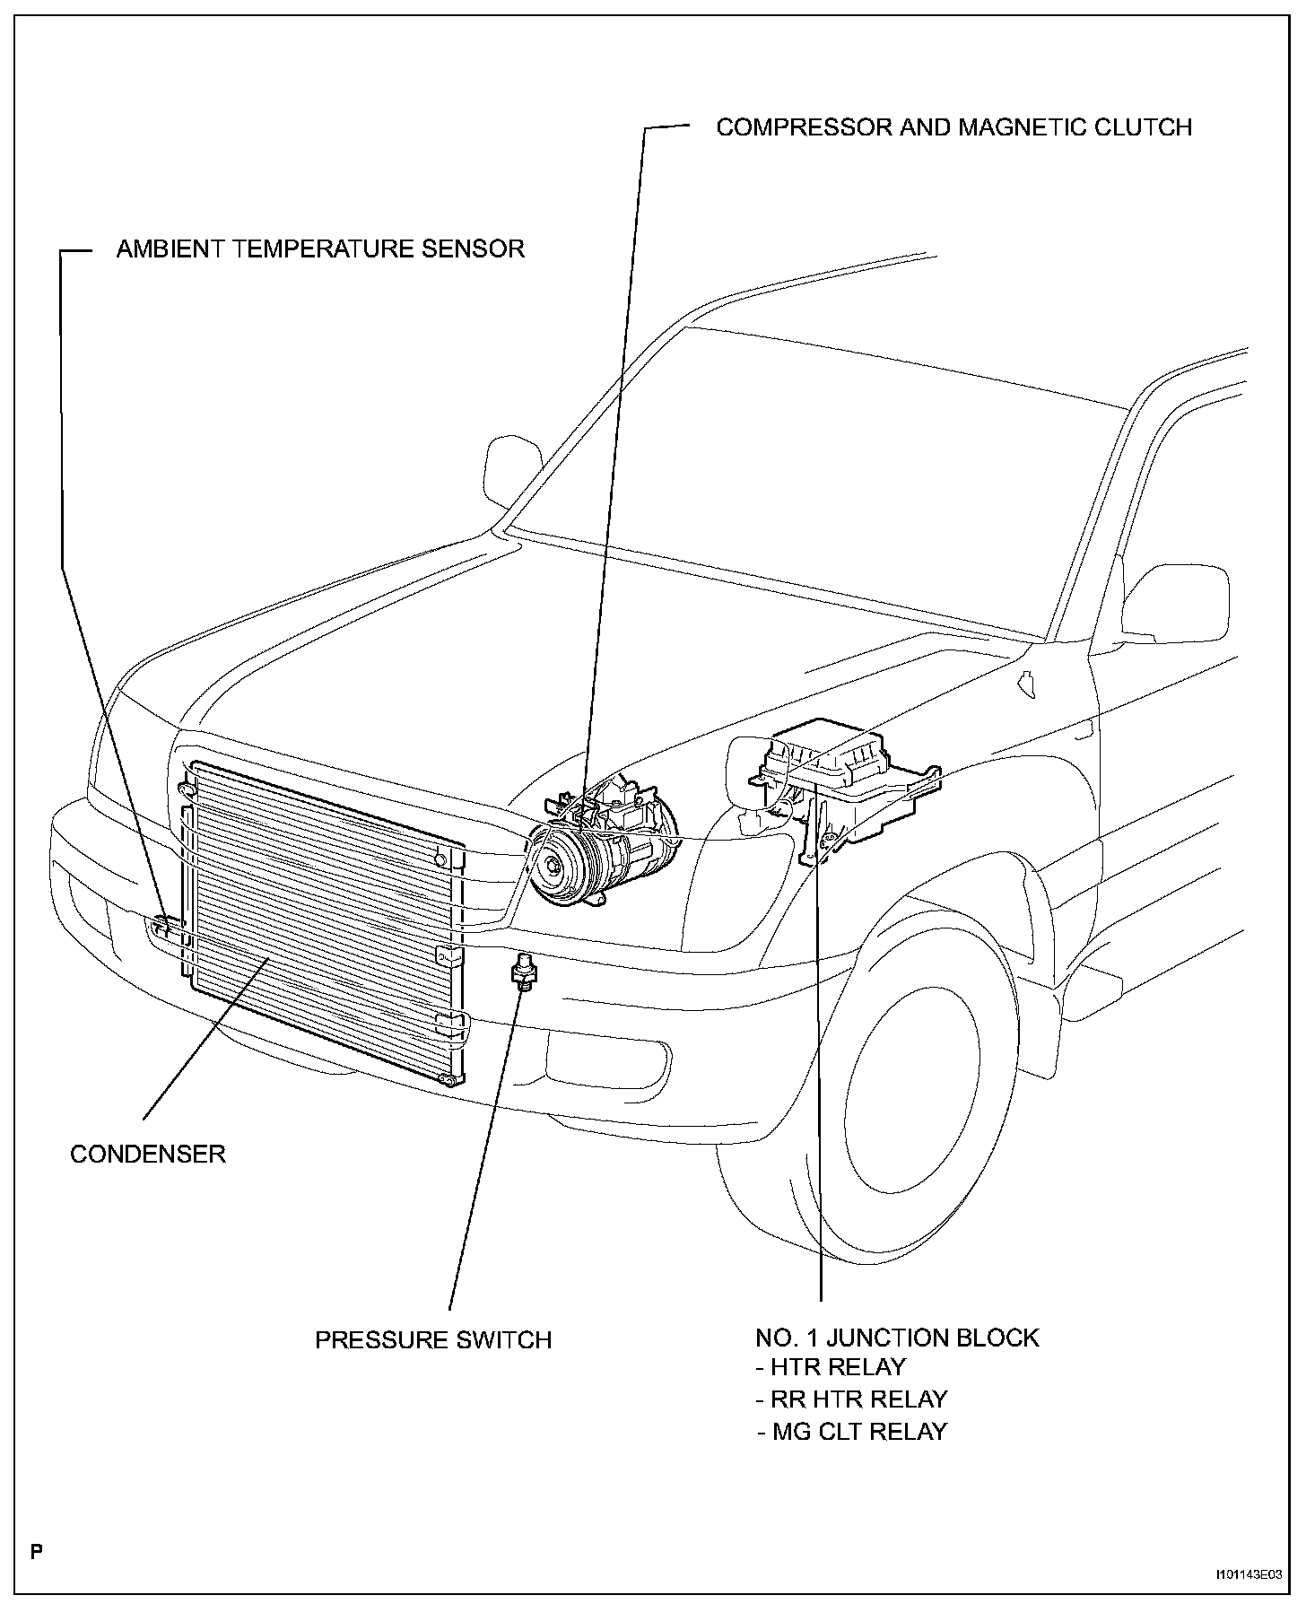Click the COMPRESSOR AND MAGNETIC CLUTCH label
[953, 127]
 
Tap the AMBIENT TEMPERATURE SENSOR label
[320, 248]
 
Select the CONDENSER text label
[148, 1154]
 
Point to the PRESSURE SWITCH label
[433, 1340]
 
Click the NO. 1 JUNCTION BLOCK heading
[897, 1338]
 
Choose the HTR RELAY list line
[831, 1367]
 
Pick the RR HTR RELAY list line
[852, 1399]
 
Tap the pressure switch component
[519, 972]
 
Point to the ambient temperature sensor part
[161, 926]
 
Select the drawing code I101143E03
[1249, 1573]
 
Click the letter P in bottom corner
[36, 1552]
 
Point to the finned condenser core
[323, 915]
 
